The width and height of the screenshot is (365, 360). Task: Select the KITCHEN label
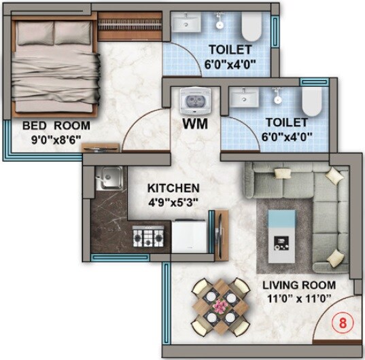click(x=173, y=188)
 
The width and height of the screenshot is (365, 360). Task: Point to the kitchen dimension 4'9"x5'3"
click(x=173, y=201)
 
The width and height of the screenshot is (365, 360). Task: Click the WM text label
click(x=195, y=125)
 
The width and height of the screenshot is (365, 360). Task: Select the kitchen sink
click(x=108, y=179)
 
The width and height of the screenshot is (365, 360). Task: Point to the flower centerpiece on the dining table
click(x=219, y=305)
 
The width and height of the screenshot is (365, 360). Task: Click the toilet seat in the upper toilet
click(x=251, y=28)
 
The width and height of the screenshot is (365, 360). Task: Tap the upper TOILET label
click(x=230, y=49)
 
